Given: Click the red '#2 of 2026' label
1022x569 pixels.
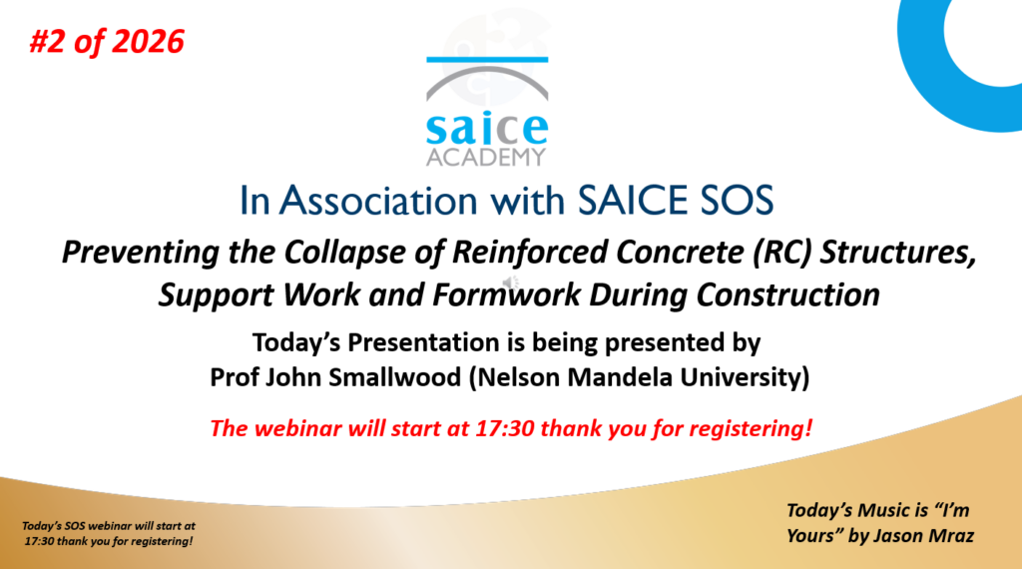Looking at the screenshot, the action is [x=107, y=42].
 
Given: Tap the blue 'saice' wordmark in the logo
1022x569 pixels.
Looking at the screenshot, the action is [x=487, y=129].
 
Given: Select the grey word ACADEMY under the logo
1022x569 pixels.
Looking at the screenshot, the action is [x=486, y=157].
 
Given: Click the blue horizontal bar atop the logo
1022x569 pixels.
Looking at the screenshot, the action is [x=487, y=60].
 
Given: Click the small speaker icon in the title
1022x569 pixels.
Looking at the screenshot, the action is [x=510, y=283].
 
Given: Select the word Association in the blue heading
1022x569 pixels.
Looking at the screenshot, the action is [x=378, y=200].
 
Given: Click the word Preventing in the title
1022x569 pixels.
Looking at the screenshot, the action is [x=140, y=253].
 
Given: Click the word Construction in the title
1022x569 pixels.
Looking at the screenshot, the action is [x=788, y=294].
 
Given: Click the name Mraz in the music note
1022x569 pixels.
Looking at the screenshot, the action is [x=950, y=536].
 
